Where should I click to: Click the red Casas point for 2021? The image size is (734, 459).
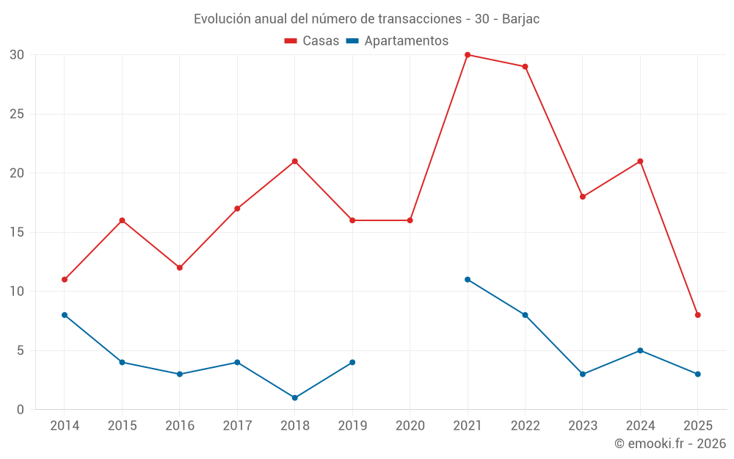(468, 55)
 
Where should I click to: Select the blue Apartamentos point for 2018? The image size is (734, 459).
(295, 398)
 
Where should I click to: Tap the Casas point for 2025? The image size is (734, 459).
(698, 315)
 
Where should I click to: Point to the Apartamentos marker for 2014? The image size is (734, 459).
(65, 315)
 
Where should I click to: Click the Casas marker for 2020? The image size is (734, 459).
(410, 220)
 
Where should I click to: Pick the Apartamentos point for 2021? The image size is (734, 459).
(468, 280)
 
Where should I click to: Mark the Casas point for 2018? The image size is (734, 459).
(295, 162)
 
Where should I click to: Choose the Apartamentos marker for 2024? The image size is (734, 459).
(640, 350)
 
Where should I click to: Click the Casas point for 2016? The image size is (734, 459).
(180, 268)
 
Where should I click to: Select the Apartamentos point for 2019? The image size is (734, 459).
(352, 362)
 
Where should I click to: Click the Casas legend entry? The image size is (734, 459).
(312, 41)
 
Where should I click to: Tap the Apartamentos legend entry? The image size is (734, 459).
(397, 41)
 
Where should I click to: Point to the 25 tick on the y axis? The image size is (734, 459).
(17, 114)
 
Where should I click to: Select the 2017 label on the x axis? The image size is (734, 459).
(237, 426)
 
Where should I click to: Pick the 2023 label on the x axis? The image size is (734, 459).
(583, 426)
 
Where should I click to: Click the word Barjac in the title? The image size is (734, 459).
(520, 19)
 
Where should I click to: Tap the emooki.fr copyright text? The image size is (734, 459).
(670, 444)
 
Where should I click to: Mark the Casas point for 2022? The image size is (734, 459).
(525, 67)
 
